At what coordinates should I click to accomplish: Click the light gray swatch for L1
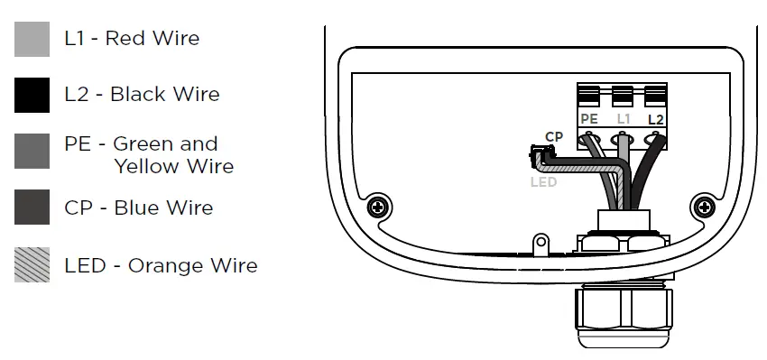point(32,39)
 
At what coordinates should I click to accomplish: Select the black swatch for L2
point(32,95)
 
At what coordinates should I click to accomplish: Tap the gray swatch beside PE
point(32,151)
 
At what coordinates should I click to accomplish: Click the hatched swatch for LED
point(32,264)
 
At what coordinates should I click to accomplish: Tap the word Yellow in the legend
point(145,167)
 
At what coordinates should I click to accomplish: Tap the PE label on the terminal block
point(589,119)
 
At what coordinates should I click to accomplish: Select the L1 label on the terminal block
point(623,119)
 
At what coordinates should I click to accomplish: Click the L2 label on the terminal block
point(655,119)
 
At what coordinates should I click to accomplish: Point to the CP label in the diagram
point(553,137)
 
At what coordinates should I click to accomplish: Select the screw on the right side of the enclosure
point(703,207)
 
